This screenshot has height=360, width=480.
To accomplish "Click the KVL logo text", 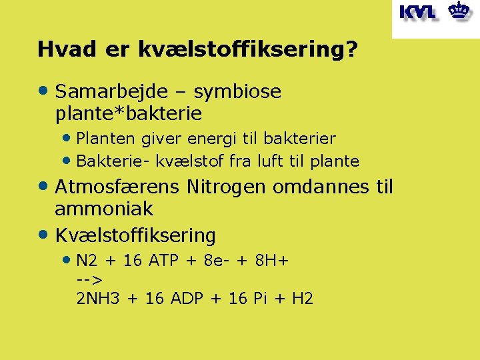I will pos(417,12).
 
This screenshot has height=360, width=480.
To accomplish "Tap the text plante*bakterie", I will pos(128,113).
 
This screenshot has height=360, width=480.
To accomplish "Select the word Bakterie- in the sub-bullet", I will pos(108,161).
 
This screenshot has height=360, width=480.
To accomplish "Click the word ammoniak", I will pos(103,209).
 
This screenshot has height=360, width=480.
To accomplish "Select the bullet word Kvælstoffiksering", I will pos(135,235).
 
